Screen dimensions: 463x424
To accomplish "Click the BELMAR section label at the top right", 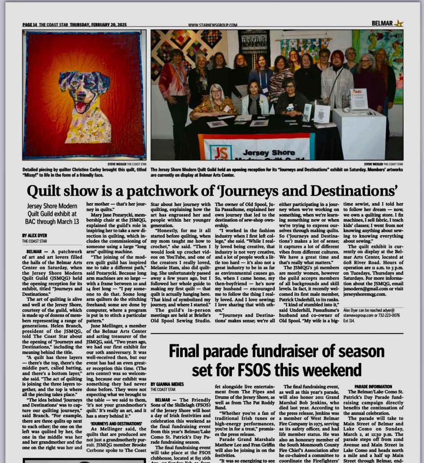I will pos(382,23).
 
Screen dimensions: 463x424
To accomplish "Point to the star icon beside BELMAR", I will pos(398,23).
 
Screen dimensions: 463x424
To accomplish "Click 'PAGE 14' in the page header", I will pos(30,25).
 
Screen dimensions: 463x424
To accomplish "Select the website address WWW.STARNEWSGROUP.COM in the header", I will pos(212,25).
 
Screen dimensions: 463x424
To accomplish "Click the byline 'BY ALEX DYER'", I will pos(35,236).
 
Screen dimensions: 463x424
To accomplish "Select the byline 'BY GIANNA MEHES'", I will pos(167,384).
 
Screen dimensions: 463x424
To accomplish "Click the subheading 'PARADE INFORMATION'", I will pos(368,386).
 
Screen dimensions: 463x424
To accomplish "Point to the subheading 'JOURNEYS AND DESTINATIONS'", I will pos(116,423).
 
